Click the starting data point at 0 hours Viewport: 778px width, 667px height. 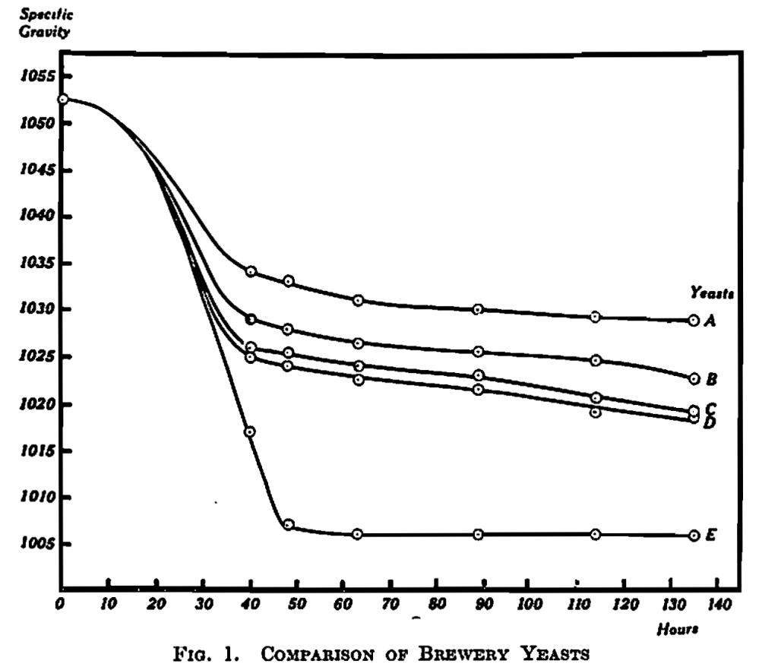62,99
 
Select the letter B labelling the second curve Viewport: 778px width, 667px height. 712,378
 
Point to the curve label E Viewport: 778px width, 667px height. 711,536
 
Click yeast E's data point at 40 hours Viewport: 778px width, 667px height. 249,431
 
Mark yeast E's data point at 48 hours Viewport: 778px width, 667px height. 288,524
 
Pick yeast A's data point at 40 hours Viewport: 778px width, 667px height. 251,271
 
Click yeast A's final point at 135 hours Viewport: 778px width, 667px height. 693,321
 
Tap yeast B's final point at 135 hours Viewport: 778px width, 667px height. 693,378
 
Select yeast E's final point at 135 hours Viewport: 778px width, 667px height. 693,536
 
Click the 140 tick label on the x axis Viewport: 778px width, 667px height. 717,605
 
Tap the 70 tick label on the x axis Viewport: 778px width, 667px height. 389,605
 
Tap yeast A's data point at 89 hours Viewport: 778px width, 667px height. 478,309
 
